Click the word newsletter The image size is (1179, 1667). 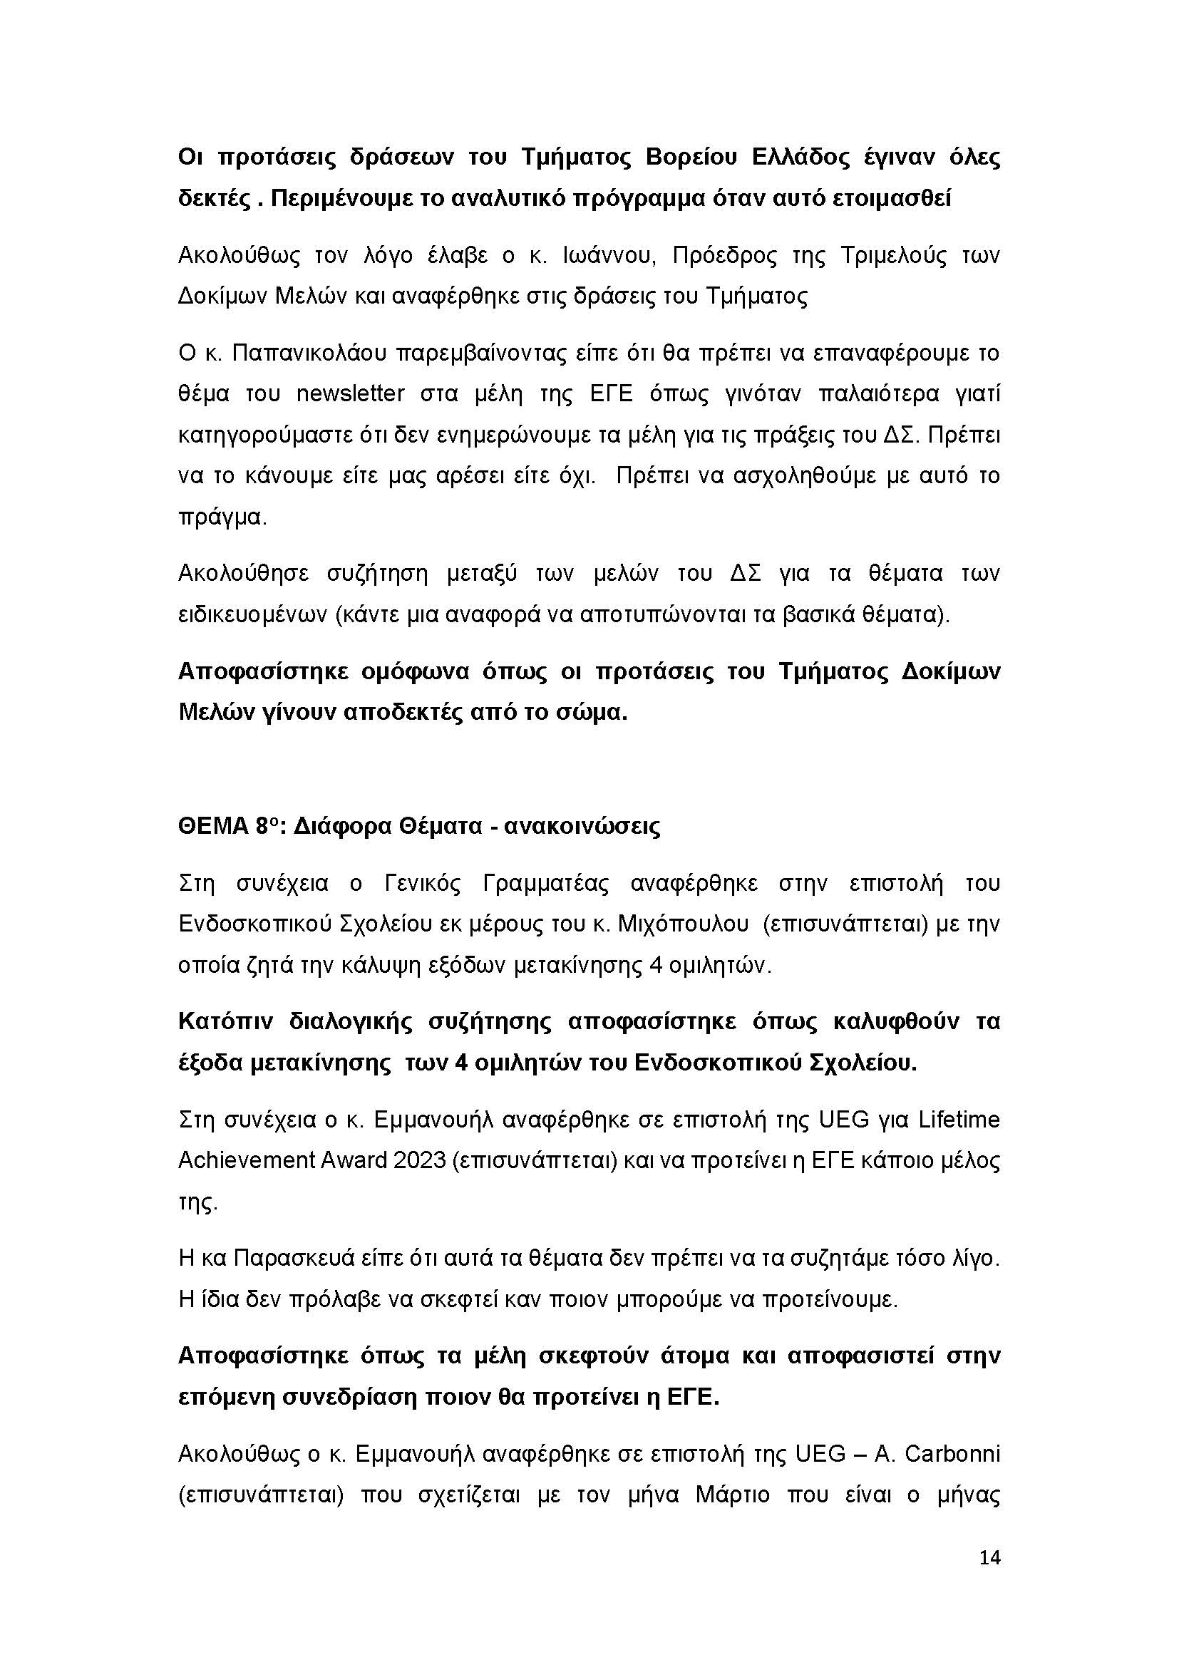coord(350,394)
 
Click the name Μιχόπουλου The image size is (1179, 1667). coord(683,925)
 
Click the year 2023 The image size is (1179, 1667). coord(419,1161)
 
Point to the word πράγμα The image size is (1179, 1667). coord(221,517)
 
